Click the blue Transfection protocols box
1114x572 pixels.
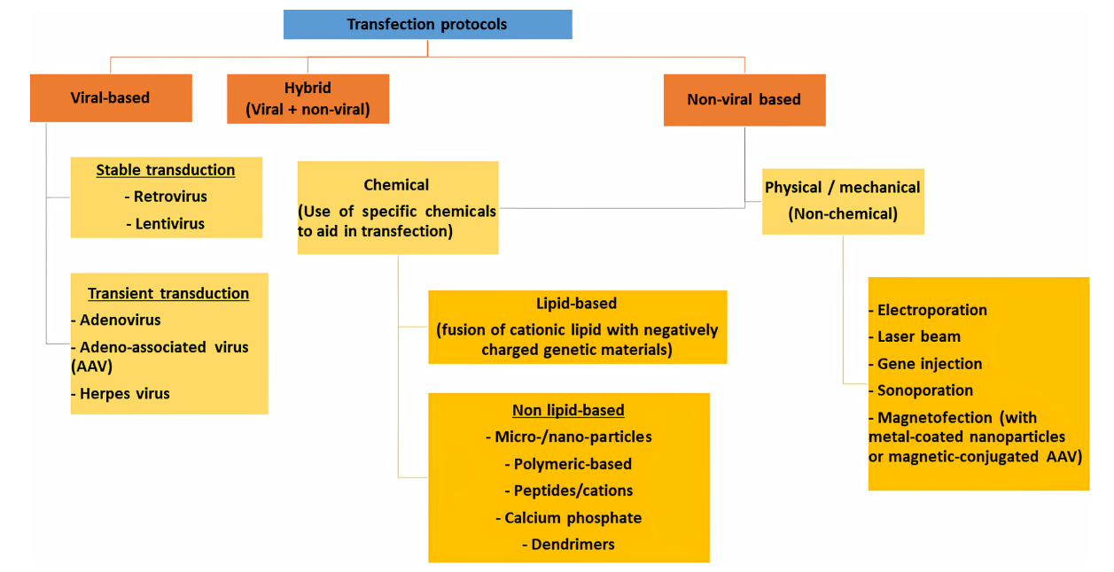(428, 25)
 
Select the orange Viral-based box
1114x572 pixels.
(111, 98)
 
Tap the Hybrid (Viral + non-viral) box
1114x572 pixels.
(308, 99)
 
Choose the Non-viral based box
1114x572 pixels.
(744, 100)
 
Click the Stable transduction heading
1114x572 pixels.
(166, 170)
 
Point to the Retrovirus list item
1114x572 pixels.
(166, 197)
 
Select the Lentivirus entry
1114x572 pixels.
(165, 224)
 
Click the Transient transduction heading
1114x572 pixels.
(168, 293)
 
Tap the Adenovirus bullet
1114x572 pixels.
(116, 320)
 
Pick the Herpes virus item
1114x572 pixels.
(121, 394)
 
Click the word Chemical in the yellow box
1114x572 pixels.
(396, 185)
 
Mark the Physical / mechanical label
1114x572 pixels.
(843, 188)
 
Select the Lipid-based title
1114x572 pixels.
(576, 303)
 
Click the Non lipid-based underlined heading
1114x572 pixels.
(568, 410)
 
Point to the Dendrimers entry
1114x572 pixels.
(568, 545)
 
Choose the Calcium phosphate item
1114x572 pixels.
(568, 518)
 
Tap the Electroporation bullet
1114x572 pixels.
(928, 310)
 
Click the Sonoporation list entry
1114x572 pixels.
(921, 390)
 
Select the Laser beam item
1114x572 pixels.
(915, 336)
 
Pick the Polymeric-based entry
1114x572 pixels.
(568, 464)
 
